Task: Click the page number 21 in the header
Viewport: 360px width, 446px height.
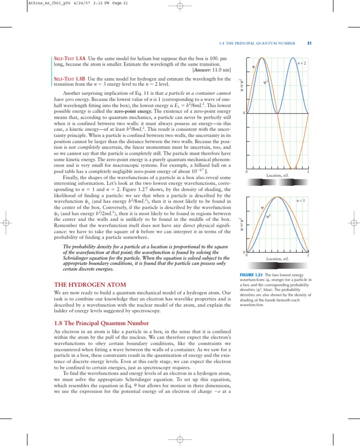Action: (309, 43)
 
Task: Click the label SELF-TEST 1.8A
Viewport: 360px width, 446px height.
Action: (70, 59)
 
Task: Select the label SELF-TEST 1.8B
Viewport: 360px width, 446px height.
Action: (70, 78)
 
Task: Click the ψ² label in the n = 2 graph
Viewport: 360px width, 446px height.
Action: (265, 83)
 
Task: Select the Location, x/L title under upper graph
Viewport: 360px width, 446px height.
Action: (277, 175)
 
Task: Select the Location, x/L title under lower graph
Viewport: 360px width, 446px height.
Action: (277, 258)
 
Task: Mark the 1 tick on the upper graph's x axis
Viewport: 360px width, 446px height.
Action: (307, 172)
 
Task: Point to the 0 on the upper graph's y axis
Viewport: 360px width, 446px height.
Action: (244, 113)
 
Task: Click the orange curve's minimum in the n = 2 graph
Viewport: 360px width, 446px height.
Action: (292, 167)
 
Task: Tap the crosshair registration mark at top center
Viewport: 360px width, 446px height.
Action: (180, 7)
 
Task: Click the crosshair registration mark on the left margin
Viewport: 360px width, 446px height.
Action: (7, 223)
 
